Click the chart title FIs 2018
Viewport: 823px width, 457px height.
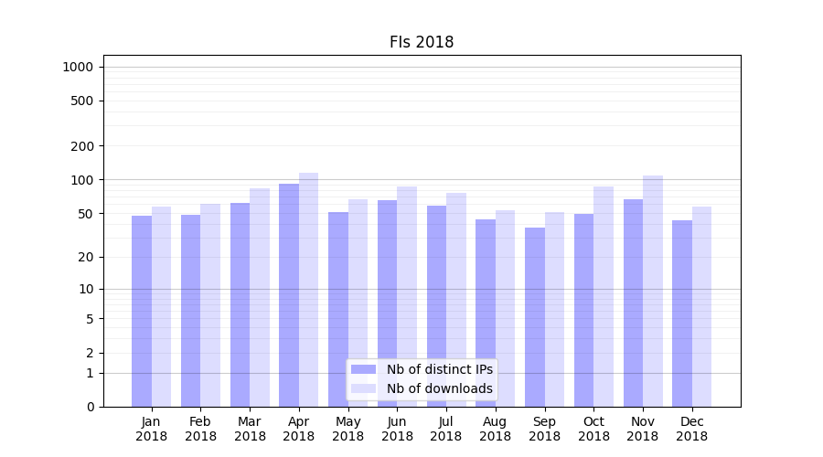[x=421, y=42]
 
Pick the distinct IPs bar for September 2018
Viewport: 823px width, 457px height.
[x=535, y=316]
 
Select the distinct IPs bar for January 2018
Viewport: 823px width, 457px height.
[x=142, y=311]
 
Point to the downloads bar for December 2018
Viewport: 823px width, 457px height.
[x=702, y=306]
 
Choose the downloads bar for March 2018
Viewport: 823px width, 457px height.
[x=260, y=297]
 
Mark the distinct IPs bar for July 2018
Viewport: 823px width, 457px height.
[x=436, y=305]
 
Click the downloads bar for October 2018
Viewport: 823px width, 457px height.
[x=604, y=296]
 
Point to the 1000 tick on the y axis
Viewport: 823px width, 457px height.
[x=78, y=67]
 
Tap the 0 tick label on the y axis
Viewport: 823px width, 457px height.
[x=90, y=407]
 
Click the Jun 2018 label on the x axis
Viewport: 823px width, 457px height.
[x=397, y=429]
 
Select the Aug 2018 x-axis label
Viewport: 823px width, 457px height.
[x=496, y=429]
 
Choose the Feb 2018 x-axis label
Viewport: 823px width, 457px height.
[x=200, y=429]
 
